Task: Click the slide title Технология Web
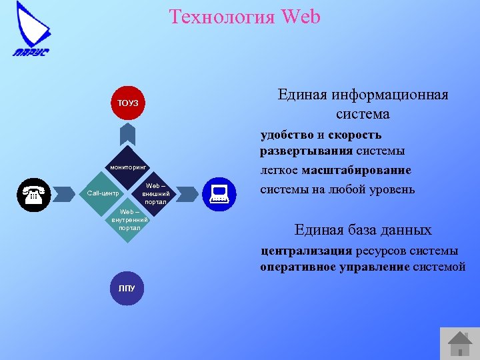click(245, 17)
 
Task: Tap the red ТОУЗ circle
click(128, 103)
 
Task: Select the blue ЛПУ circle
click(127, 289)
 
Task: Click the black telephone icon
click(33, 195)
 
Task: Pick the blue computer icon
click(219, 194)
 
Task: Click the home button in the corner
click(459, 342)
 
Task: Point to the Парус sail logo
click(31, 30)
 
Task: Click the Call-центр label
click(103, 194)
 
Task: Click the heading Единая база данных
click(363, 230)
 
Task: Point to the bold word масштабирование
click(356, 171)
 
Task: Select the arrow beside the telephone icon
click(65, 194)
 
